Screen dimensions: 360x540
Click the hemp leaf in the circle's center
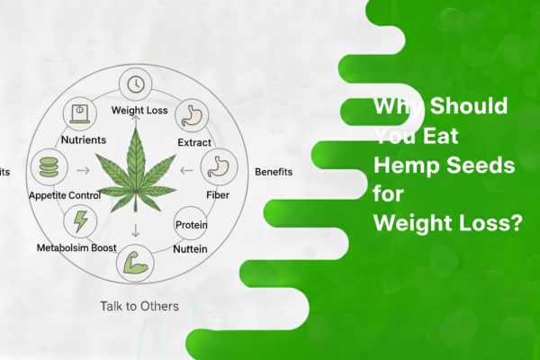coord(136,171)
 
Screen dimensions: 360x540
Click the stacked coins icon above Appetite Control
coord(45,167)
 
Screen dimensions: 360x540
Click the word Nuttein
coord(190,248)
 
